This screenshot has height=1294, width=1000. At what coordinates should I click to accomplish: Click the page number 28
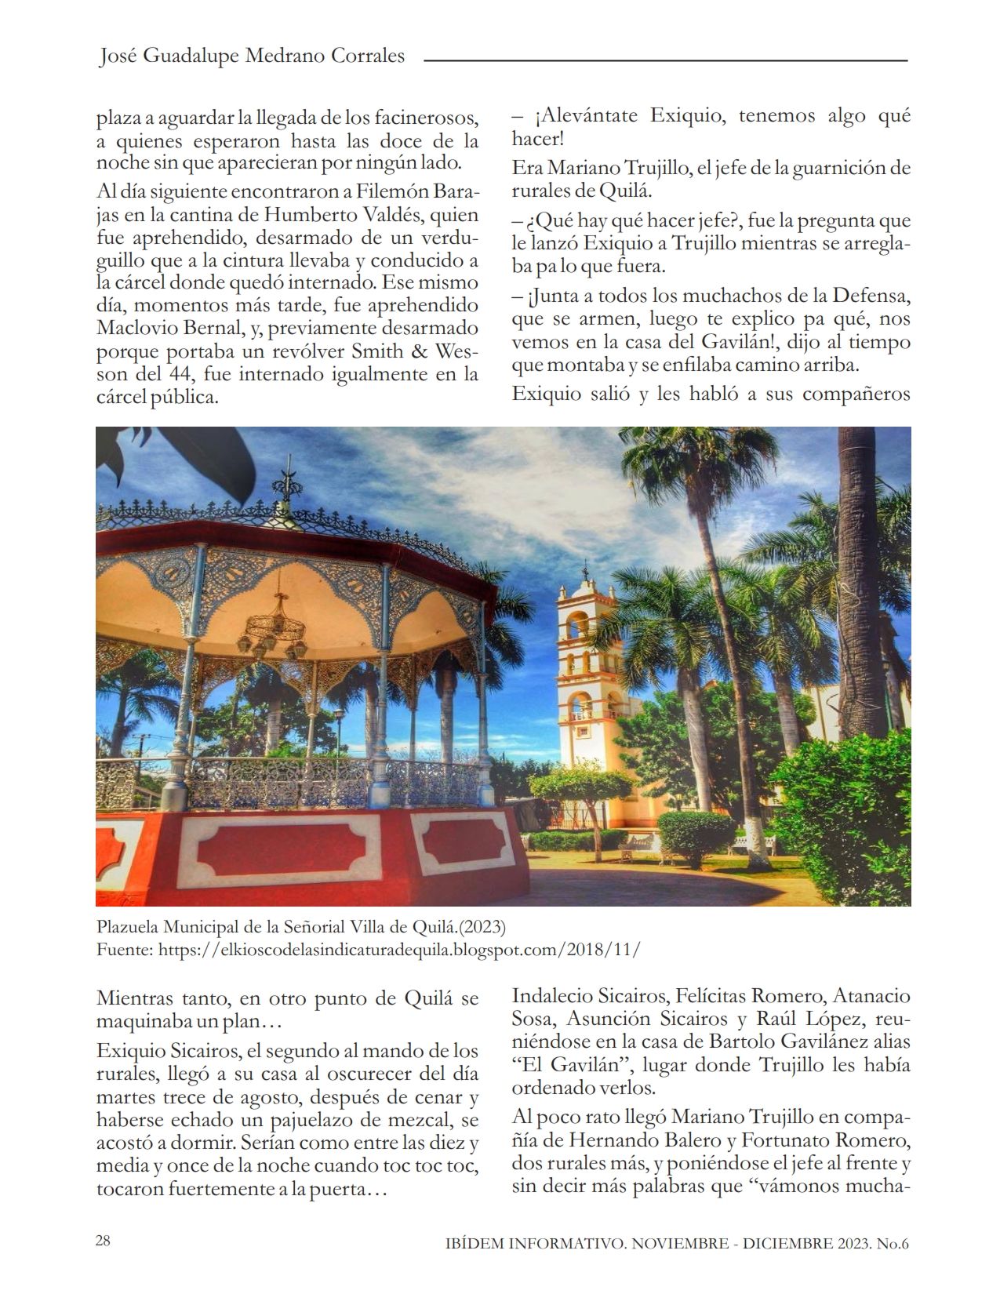point(103,1241)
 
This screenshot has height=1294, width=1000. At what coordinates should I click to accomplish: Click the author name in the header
point(252,56)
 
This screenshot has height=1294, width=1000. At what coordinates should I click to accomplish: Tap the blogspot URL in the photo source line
point(399,949)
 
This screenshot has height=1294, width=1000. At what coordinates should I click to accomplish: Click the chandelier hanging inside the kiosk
point(275,627)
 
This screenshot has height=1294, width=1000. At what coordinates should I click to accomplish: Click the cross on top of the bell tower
point(584,569)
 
